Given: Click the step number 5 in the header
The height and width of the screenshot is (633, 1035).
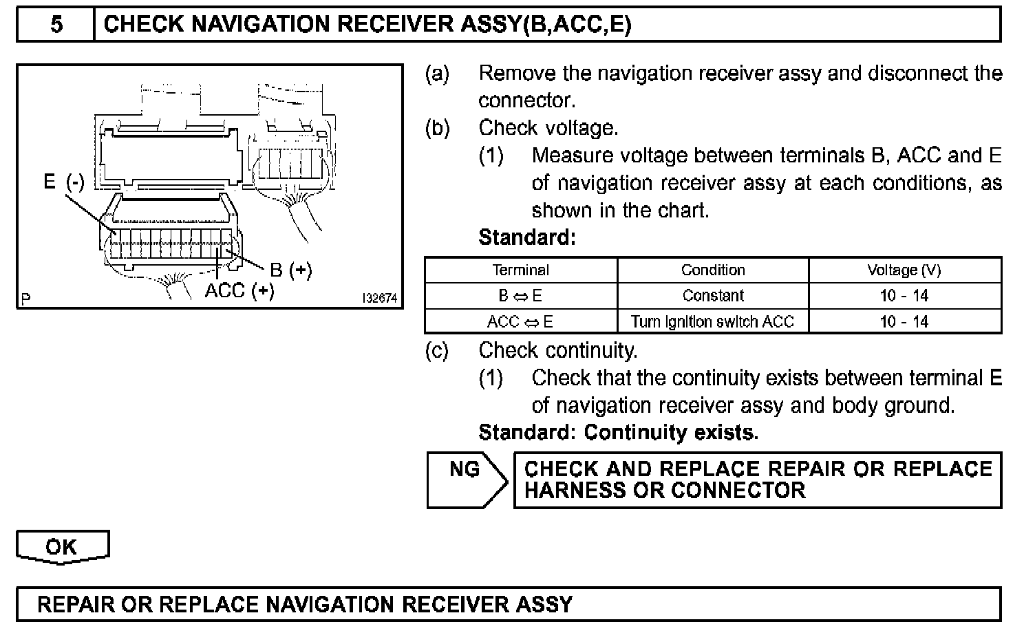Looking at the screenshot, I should [x=56, y=25].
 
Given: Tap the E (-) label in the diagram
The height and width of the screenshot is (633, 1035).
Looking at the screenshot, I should [x=63, y=182].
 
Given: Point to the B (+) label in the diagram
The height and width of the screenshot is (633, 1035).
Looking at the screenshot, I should [x=290, y=270].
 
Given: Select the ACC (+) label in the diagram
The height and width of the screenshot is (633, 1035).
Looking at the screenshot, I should [x=239, y=291].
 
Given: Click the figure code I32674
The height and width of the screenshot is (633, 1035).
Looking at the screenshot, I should [x=379, y=299].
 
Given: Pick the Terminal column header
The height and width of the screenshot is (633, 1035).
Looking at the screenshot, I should [x=521, y=270].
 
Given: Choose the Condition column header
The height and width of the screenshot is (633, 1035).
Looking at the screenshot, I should [x=713, y=270].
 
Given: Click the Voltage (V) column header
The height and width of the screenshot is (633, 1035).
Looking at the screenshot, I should [x=904, y=270].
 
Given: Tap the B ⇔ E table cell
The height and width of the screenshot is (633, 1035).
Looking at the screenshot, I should [x=521, y=296].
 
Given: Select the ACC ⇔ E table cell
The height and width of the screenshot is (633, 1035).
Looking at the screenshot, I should [x=521, y=321].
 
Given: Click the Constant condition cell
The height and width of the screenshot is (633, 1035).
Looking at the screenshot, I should [x=713, y=296].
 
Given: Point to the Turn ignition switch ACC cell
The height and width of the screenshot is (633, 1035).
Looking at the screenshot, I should [x=713, y=321].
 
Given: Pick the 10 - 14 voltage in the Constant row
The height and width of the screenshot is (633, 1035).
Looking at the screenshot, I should [x=904, y=296].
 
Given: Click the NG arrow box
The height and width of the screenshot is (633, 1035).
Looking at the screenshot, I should [x=465, y=480].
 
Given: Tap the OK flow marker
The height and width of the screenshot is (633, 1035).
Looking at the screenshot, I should [x=62, y=548].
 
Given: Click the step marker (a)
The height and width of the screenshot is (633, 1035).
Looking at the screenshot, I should [x=437, y=74].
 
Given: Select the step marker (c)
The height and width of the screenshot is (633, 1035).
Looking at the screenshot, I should [x=437, y=351].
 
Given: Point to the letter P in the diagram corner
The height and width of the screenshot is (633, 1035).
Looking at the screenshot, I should [x=25, y=299].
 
